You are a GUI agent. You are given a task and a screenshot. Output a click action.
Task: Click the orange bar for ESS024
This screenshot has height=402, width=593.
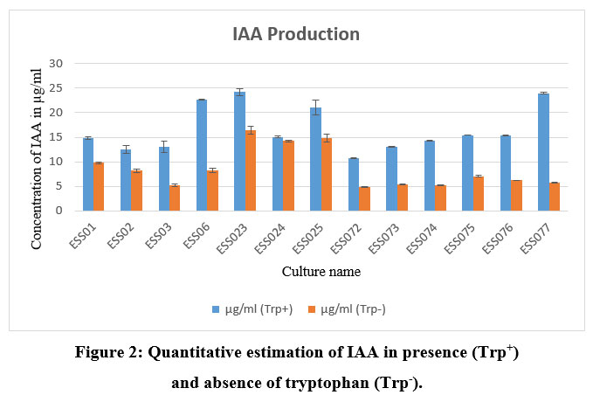pos(287,176)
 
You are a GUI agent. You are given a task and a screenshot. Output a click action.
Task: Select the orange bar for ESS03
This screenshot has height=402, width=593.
pos(174,198)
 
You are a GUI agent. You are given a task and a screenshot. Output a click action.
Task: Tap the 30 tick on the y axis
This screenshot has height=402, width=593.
pos(58,64)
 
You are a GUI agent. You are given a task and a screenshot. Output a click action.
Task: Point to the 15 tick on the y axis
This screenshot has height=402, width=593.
pos(58,137)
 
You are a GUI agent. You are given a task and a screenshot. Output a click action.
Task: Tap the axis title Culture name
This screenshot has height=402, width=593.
pos(321,272)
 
